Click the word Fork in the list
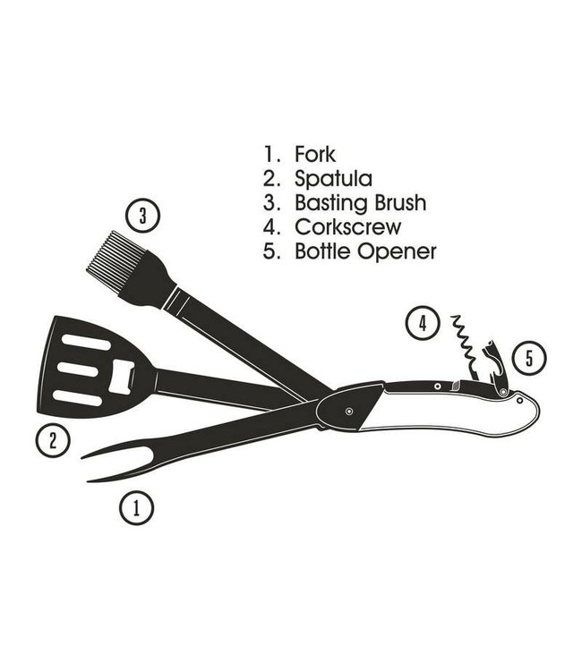314,155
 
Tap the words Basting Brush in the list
360,203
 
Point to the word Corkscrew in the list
348,227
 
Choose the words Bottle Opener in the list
365,251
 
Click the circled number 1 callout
136,509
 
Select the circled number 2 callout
54,439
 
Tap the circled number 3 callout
142,215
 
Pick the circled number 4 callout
422,323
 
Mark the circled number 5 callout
529,359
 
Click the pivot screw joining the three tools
347,411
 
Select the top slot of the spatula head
87,344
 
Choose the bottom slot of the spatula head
77,396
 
